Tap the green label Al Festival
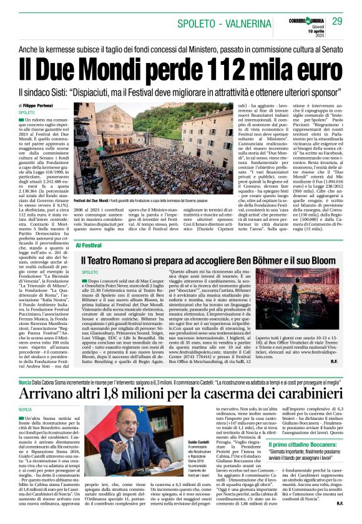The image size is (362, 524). tap(89, 246)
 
